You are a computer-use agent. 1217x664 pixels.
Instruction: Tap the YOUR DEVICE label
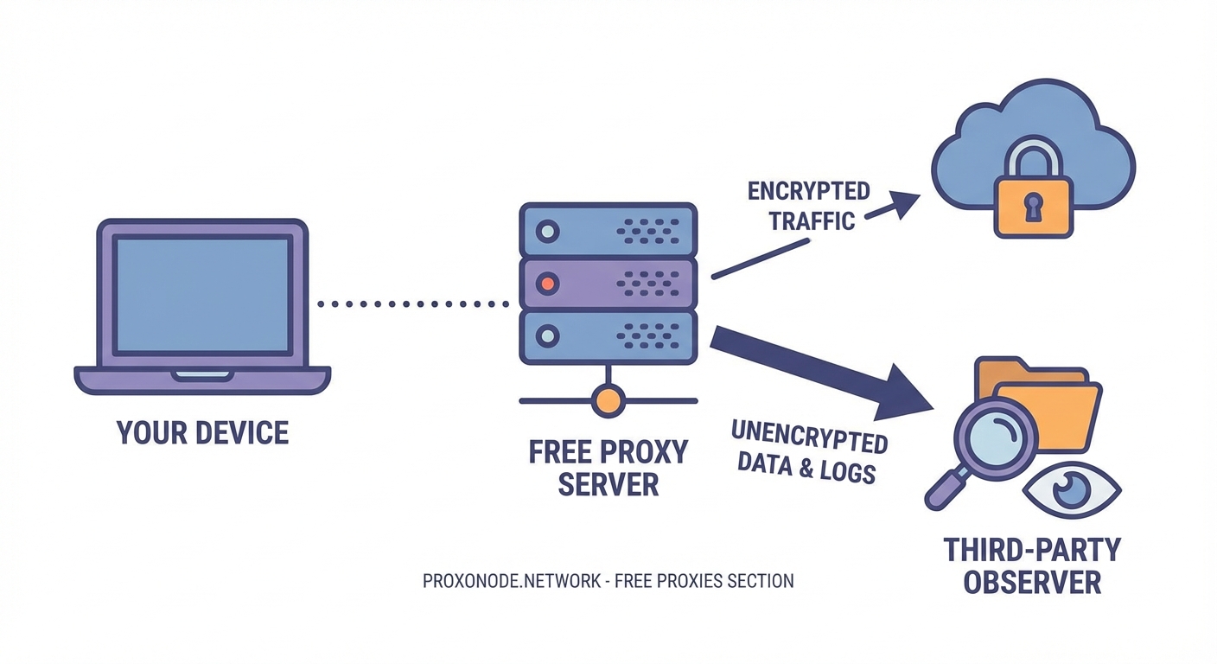[202, 432]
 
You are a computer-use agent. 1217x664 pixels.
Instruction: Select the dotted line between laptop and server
[413, 303]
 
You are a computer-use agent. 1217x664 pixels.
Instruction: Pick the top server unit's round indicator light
[547, 231]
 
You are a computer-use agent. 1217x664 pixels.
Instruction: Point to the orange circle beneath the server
[608, 400]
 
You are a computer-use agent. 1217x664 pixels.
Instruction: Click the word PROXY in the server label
[646, 453]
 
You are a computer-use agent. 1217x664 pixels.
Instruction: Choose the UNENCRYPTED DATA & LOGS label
[808, 452]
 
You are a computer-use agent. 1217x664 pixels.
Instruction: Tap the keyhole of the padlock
[1033, 207]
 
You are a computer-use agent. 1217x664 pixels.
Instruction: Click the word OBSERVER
[1032, 581]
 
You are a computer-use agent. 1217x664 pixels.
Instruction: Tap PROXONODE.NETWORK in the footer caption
[511, 581]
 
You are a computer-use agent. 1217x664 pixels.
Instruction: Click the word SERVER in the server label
[608, 484]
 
